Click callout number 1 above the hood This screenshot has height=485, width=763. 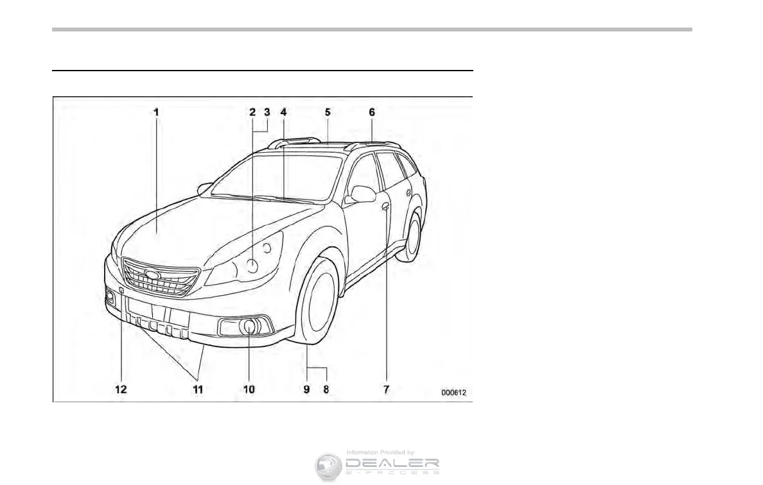[155, 112]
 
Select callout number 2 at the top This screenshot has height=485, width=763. [252, 112]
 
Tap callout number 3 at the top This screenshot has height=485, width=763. [267, 112]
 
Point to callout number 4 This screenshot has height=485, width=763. [283, 112]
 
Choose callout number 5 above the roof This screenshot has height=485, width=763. [327, 112]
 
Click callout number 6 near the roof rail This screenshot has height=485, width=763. [371, 112]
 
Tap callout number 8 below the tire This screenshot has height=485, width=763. [326, 389]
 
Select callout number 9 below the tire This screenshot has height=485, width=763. [307, 389]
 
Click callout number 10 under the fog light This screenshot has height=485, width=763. [249, 389]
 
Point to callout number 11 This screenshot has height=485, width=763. [198, 389]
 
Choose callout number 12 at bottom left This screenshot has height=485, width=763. [121, 389]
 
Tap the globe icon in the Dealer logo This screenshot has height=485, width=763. [328, 466]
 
